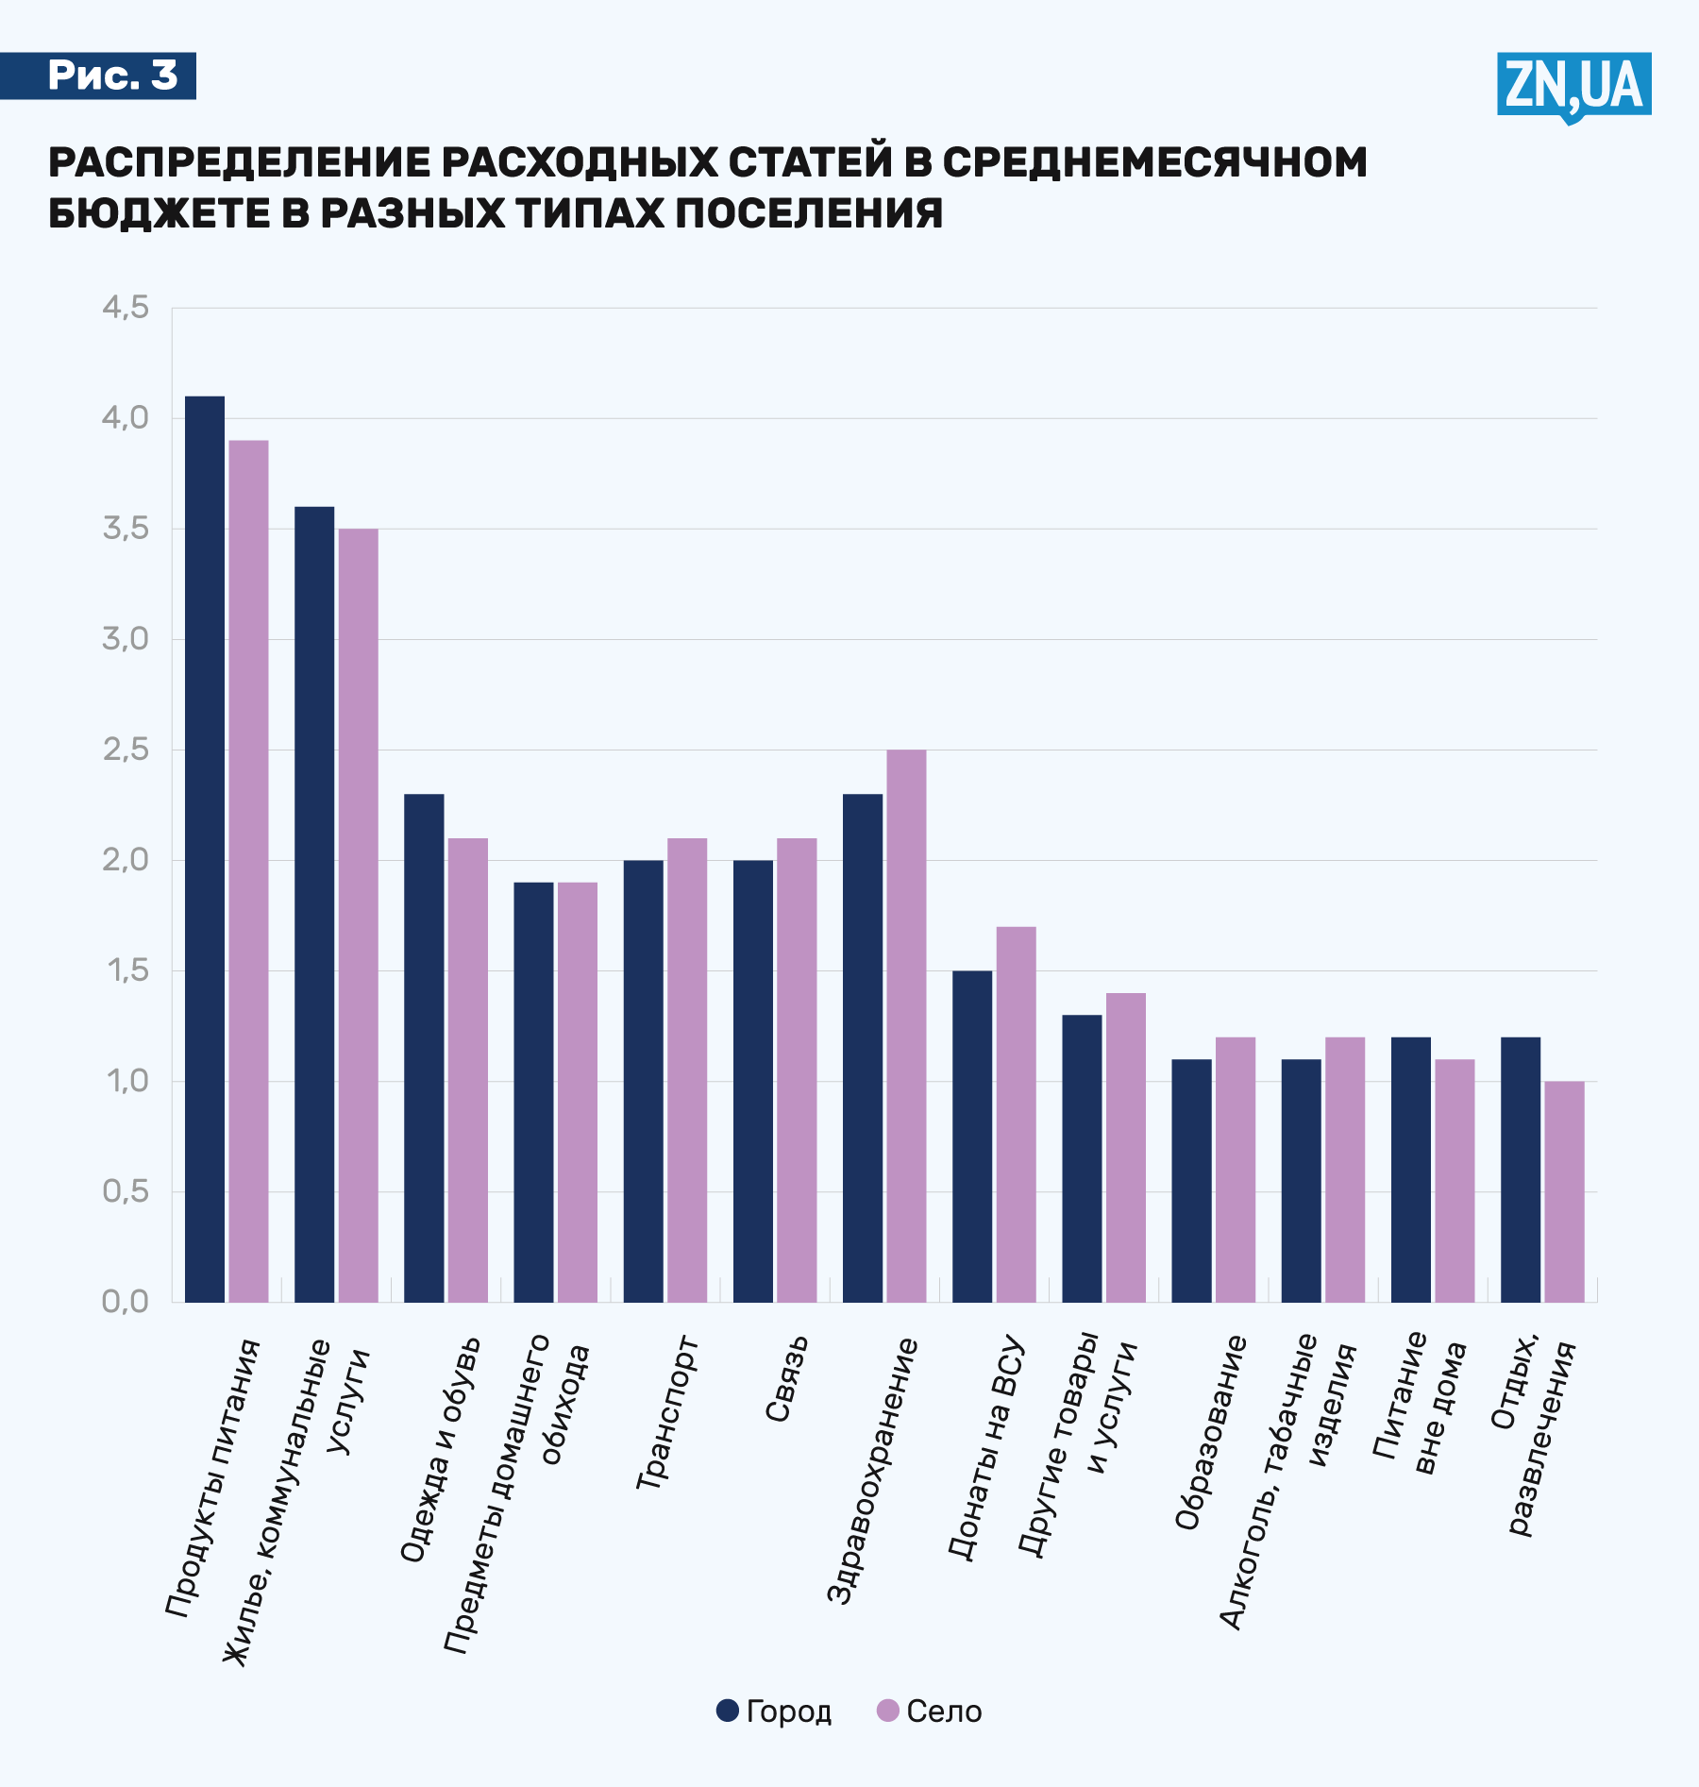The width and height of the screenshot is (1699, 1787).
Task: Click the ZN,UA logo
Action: pyautogui.click(x=1573, y=86)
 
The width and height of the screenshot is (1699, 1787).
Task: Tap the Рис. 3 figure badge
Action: pyautogui.click(x=111, y=76)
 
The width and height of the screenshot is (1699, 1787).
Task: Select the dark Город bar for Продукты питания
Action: pyautogui.click(x=205, y=850)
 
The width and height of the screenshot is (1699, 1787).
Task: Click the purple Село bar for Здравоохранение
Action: pyautogui.click(x=906, y=1026)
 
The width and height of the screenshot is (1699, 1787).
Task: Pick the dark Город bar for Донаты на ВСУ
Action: pyautogui.click(x=972, y=1137)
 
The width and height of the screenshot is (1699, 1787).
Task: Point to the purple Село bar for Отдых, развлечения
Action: pyautogui.click(x=1564, y=1191)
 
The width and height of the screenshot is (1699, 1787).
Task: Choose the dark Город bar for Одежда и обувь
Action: pyautogui.click(x=424, y=1048)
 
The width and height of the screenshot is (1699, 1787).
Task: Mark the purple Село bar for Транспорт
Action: pyautogui.click(x=687, y=1071)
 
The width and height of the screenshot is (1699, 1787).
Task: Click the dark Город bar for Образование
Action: pyautogui.click(x=1191, y=1181)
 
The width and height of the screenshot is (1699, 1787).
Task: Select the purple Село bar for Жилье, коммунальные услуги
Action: pyautogui.click(x=359, y=916)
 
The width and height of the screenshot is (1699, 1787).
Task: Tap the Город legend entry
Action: pyautogui.click(x=774, y=1711)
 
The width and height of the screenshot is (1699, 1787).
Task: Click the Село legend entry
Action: pyautogui.click(x=930, y=1711)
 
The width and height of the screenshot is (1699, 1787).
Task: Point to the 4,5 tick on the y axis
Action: pyautogui.click(x=126, y=308)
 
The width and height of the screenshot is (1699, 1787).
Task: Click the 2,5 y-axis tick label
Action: pyautogui.click(x=126, y=750)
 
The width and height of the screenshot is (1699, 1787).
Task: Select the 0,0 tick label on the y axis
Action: pyautogui.click(x=126, y=1302)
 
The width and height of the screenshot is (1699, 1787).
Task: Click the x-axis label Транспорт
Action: pyautogui.click(x=667, y=1413)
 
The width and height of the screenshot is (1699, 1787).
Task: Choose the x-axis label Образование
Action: pyautogui.click(x=1211, y=1432)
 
